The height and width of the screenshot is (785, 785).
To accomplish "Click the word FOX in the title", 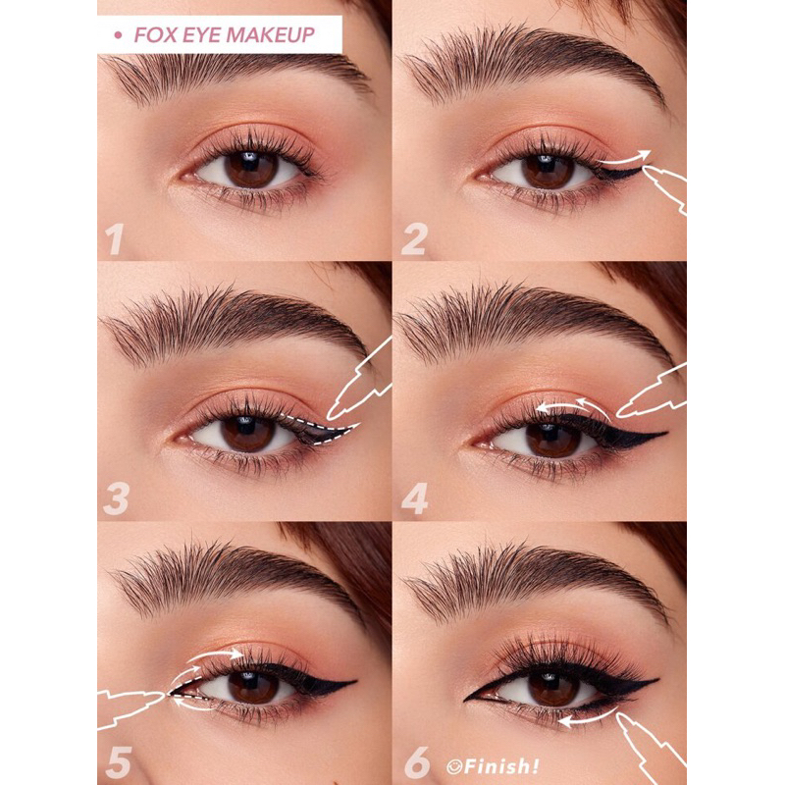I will [x=154, y=36].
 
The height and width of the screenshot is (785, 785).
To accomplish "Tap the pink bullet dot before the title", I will [x=118, y=36].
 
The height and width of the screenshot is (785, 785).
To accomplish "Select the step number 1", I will [x=116, y=238].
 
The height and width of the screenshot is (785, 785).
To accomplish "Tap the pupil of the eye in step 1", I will [x=250, y=169].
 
